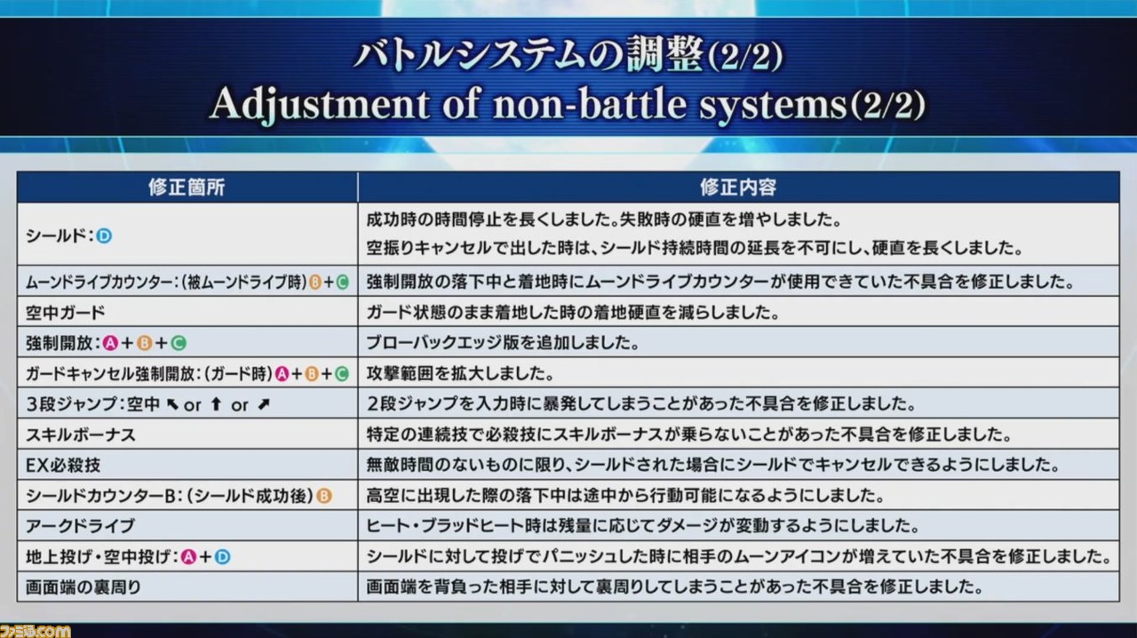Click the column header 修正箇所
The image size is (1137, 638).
(x=187, y=187)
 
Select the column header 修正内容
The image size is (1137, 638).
(x=738, y=187)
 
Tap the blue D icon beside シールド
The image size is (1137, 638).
(x=104, y=235)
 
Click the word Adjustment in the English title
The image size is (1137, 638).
(x=320, y=104)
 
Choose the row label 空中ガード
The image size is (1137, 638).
(x=66, y=313)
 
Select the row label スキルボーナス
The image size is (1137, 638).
(x=81, y=435)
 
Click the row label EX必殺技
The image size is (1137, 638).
(x=63, y=466)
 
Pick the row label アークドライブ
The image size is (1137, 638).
(x=80, y=526)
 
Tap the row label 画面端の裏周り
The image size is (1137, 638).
(x=83, y=587)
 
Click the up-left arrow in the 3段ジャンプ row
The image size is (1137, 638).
(x=172, y=404)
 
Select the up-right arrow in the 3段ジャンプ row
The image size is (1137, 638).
(x=264, y=404)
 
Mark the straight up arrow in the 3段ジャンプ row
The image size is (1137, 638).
(x=216, y=404)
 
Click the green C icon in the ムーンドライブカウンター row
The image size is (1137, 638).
(x=343, y=282)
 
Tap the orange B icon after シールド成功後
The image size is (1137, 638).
(x=324, y=496)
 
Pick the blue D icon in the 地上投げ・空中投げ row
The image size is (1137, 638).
(x=222, y=557)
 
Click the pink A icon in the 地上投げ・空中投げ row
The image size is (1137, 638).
(x=188, y=557)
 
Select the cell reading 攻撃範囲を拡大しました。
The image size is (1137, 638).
(x=460, y=374)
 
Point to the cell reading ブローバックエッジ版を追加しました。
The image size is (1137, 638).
(x=503, y=343)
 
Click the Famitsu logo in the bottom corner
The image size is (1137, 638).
(x=35, y=631)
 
